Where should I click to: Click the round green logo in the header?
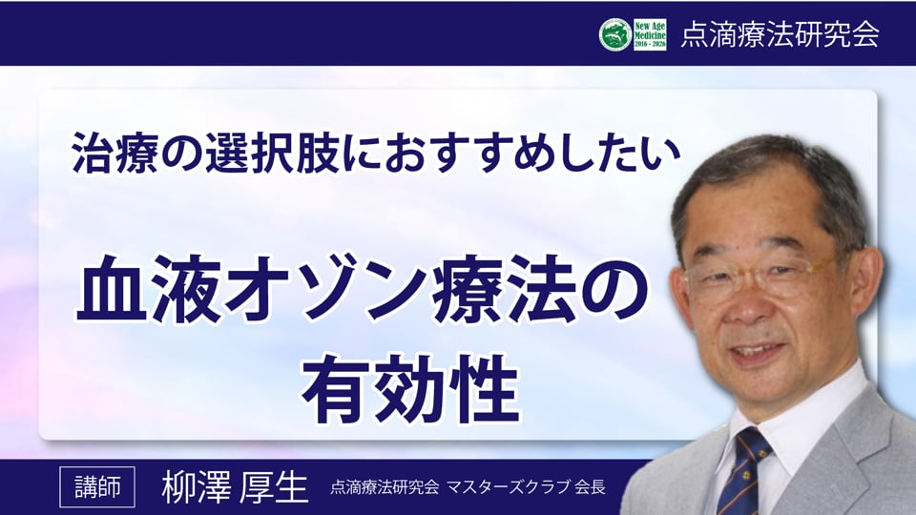tap(615, 34)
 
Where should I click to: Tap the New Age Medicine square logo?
tap(650, 34)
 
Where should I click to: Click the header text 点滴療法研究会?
tap(780, 34)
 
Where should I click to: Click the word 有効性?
tap(410, 388)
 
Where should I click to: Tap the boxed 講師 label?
tap(97, 487)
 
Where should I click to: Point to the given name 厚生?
tap(273, 487)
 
